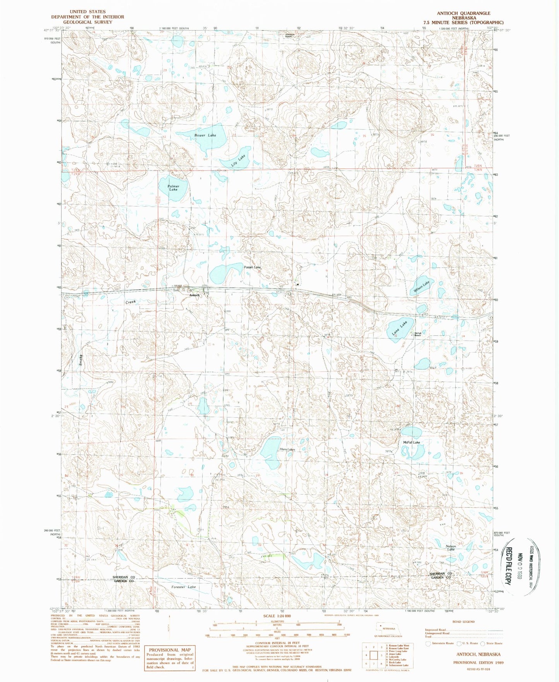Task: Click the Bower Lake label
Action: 205,135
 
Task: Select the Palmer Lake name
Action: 173,188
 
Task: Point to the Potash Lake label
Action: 252,267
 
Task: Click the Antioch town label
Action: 194,295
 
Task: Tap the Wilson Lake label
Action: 421,286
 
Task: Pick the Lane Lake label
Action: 399,328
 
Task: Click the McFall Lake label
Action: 411,442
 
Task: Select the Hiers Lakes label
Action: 287,449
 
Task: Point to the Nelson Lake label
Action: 451,548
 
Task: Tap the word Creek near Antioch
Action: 130,302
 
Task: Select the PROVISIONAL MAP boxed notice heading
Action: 170,650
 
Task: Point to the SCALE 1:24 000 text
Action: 276,616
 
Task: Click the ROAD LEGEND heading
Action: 463,622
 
